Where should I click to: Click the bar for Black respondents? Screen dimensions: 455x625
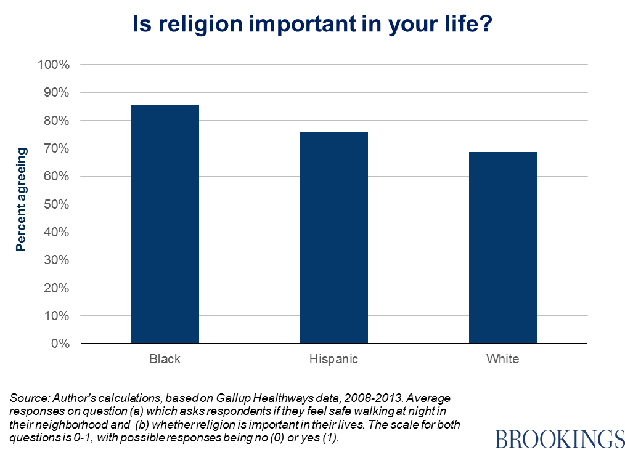165,224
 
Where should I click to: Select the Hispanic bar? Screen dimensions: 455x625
334,238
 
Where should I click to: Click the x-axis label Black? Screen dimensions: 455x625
165,358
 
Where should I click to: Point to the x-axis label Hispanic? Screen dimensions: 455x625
333,358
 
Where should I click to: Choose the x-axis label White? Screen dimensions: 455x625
502,358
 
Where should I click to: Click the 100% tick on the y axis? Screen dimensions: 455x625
54,65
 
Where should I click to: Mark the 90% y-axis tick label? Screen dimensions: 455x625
57,93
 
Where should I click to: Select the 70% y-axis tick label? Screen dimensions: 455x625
57,148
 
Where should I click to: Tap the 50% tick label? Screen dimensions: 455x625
57,204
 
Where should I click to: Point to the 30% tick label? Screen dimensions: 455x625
57,260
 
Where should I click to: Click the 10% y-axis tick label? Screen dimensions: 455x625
57,316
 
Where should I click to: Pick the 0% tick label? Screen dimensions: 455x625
60,344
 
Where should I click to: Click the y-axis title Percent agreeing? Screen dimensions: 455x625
22,199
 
